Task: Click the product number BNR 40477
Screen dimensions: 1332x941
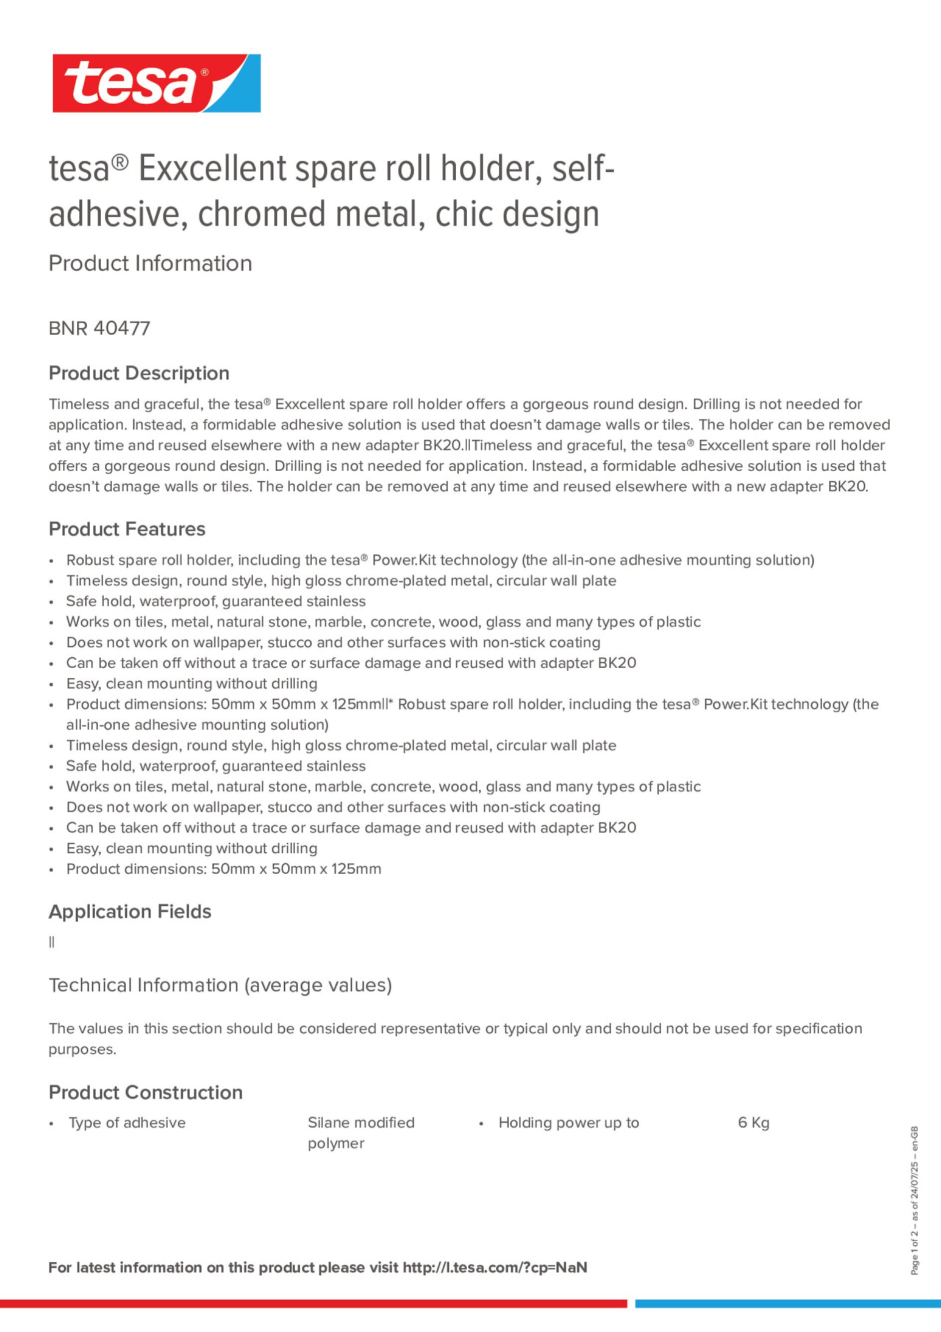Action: tap(99, 328)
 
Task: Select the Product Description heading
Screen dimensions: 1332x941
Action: tap(139, 373)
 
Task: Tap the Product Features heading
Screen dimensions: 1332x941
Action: tap(127, 529)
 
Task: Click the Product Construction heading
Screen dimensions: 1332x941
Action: tap(145, 1093)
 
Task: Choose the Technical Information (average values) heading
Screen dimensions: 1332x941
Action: tap(220, 985)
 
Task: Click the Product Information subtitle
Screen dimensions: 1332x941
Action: tap(150, 263)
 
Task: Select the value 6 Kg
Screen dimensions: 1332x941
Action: tap(753, 1123)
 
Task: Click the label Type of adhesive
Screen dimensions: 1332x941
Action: tap(127, 1123)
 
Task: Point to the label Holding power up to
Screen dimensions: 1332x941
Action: tap(568, 1123)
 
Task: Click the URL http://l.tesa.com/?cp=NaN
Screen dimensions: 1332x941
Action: tap(495, 1268)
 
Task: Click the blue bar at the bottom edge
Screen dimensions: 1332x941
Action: tap(787, 1304)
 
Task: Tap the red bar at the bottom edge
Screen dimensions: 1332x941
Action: tap(313, 1304)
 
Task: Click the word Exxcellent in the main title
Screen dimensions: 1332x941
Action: tap(212, 169)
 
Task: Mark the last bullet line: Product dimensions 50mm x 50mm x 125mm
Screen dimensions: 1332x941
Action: tap(223, 869)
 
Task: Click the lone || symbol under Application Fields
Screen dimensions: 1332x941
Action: tap(52, 942)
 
